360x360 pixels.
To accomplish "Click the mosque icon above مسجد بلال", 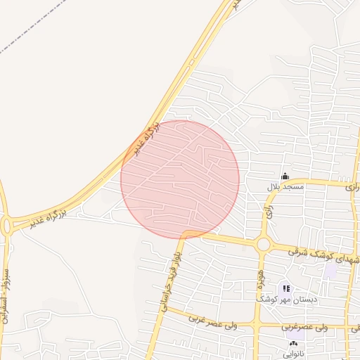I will [285, 176].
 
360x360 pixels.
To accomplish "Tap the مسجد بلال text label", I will [285, 187].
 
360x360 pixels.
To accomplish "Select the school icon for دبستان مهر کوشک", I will [285, 287].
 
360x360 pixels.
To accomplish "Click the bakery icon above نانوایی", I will [293, 345].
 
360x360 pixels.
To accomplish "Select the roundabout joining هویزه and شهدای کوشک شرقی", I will [264, 245].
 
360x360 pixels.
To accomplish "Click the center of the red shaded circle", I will [180, 179].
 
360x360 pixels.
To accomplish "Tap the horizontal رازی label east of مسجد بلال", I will [352, 188].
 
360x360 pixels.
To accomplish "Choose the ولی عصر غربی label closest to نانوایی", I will [305, 327].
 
